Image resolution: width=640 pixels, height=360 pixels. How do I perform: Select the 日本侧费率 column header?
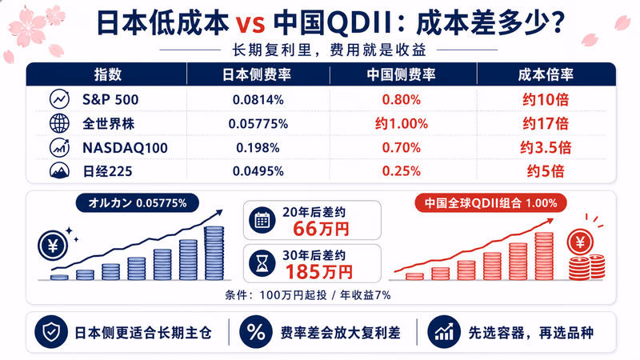pos(256,74)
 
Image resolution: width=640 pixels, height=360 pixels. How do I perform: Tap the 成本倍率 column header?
pos(546,74)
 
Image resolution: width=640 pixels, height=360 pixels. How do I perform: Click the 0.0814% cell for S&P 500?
pos(258,100)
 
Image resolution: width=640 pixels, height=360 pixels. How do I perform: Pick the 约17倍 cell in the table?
pos(546,124)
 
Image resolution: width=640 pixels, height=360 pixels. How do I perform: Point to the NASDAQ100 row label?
pos(125,148)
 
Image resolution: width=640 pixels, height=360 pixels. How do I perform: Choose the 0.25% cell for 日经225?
pos(402,171)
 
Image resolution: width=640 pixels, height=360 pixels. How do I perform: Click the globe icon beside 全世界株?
pos(59,123)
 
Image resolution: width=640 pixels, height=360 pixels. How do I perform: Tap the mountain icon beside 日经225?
pos(59,171)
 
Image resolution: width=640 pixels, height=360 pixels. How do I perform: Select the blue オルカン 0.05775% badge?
pos(138,203)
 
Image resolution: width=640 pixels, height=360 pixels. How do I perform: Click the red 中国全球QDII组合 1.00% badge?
pos(490,203)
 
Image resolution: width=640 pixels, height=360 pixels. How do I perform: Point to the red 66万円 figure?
pos(321,229)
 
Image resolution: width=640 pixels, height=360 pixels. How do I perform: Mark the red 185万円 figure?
pos(318,272)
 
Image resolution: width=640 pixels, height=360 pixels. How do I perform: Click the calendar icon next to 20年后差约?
pos(262,221)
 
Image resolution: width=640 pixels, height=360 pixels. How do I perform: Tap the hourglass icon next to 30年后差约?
pos(262,264)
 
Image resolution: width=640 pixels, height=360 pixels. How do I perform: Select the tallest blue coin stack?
pos(214,253)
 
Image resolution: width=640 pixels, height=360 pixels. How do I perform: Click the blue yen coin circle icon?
pos(53,246)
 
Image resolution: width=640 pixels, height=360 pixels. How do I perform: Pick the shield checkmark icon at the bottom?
pos(51,332)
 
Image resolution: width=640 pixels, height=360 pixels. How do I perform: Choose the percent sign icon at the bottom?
pos(256,332)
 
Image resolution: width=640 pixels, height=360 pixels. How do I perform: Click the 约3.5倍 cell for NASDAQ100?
pos(546,147)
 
